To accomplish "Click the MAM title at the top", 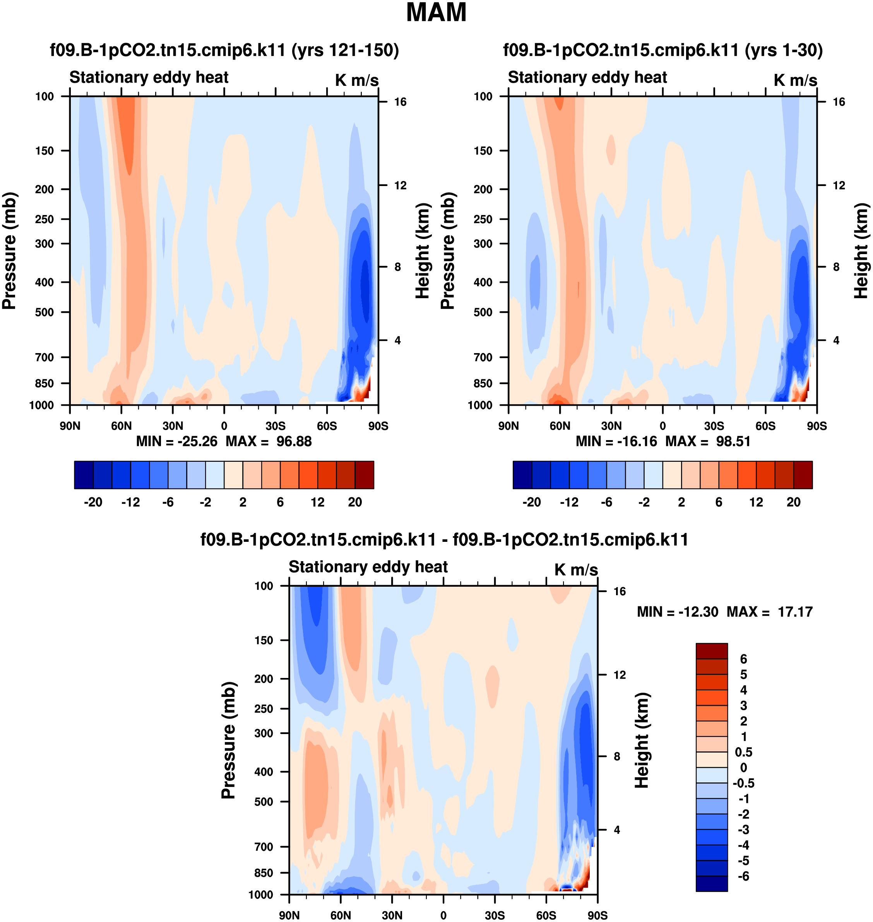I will pyautogui.click(x=436, y=12).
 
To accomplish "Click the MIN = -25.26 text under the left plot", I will pyautogui.click(x=176, y=441).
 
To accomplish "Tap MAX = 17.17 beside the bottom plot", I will pyautogui.click(x=769, y=612).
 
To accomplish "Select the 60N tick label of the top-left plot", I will pyautogui.click(x=121, y=426).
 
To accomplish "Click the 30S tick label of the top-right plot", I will pyautogui.click(x=714, y=426).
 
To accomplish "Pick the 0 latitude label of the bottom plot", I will pyautogui.click(x=443, y=915).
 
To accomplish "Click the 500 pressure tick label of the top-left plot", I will pyautogui.click(x=45, y=312).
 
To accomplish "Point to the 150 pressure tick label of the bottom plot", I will pyautogui.click(x=264, y=640).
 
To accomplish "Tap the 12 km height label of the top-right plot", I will pyautogui.click(x=839, y=186).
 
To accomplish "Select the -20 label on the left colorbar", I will pyautogui.click(x=93, y=502).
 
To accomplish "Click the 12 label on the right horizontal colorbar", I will pyautogui.click(x=756, y=502).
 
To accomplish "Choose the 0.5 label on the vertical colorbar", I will pyautogui.click(x=744, y=752).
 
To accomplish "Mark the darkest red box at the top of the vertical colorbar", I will pyautogui.click(x=712, y=651).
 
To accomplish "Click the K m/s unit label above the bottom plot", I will pyautogui.click(x=576, y=569).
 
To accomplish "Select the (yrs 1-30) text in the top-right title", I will pyautogui.click(x=784, y=50).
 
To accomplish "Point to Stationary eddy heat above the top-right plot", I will pyautogui.click(x=587, y=77).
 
